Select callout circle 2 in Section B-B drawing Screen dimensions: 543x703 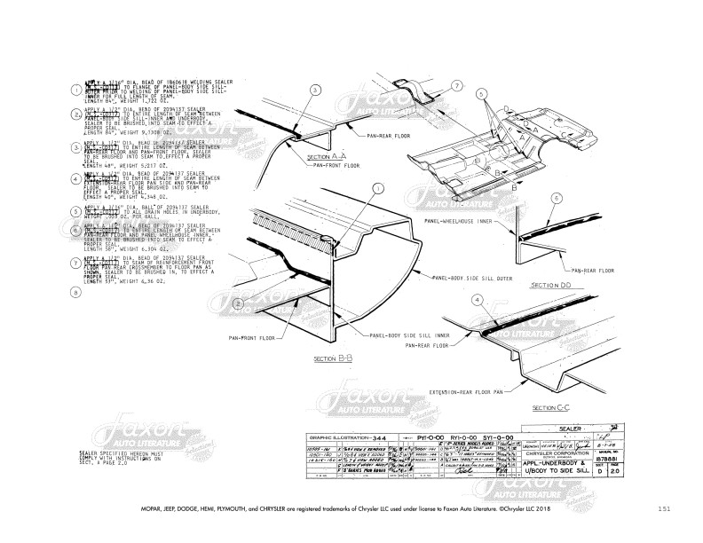239,303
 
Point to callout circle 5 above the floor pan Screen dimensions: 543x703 480,93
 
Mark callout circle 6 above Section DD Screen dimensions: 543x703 557,198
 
